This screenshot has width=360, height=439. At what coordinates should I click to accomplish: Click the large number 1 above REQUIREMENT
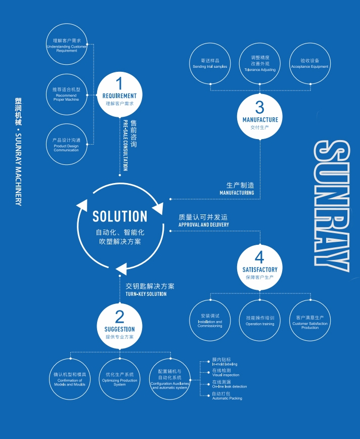tap(119, 83)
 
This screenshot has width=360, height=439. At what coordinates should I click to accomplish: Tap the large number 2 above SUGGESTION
tap(119, 317)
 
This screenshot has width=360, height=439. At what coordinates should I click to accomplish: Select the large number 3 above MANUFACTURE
tap(259, 107)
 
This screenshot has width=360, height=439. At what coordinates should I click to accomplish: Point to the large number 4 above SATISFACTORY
tap(259, 257)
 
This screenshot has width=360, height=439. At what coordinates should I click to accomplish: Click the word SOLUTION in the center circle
tap(120, 216)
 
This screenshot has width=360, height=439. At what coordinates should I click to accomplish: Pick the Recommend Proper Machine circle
tap(66, 94)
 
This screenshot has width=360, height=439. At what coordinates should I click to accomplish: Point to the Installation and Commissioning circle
tap(210, 320)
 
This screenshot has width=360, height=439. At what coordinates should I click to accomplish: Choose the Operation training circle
tap(260, 320)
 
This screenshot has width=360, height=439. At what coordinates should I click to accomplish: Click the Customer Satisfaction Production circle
tap(309, 320)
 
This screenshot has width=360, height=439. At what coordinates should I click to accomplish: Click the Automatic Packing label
tap(227, 396)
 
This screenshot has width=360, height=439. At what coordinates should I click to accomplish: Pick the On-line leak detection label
tap(230, 384)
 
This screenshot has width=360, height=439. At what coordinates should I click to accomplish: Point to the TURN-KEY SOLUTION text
tap(146, 294)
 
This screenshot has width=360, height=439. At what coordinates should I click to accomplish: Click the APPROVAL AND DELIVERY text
tap(204, 225)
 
